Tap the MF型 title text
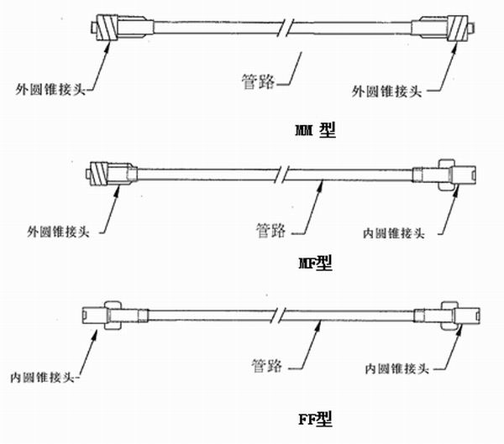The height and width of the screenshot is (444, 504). click(314, 264)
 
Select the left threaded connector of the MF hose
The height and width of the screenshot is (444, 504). click(102, 174)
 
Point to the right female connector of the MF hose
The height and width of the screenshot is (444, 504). click(449, 175)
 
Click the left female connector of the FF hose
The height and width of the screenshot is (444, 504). click(105, 314)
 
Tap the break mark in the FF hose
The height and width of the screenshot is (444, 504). click(277, 316)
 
